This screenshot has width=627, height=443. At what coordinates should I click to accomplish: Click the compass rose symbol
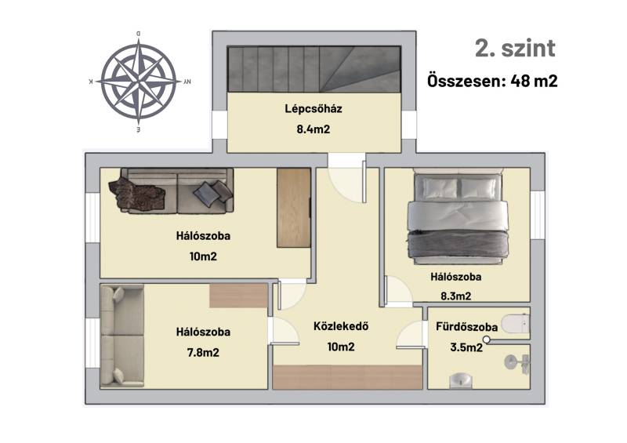coord(139,82)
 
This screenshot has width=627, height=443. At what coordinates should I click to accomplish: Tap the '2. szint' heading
coord(515,49)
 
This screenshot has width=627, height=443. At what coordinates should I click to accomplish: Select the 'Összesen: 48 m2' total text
coord(492,81)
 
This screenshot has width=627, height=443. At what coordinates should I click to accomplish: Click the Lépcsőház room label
coord(313,109)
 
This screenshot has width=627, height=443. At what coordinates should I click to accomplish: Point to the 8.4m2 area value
coord(313,129)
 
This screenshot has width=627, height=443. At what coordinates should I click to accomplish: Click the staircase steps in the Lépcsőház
coord(314,69)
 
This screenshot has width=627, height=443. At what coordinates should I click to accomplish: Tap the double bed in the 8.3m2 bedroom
coord(458,216)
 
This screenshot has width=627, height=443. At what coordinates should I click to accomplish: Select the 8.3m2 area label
coord(456,296)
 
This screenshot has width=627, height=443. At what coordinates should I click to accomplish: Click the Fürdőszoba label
coord(466,326)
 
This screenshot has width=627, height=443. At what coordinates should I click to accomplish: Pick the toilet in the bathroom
coord(516,324)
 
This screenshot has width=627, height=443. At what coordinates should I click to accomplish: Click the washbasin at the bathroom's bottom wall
coord(461,380)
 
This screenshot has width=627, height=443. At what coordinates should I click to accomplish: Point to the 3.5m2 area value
coord(466,347)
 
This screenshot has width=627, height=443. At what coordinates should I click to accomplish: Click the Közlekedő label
coord(341,326)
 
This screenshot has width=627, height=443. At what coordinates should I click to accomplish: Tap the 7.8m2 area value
coord(203,353)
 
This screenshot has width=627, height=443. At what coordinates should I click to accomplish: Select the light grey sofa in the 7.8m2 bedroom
coord(122,336)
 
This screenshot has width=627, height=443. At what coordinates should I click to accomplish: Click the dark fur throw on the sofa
coord(136,194)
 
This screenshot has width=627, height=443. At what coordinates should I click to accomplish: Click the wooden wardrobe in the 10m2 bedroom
coord(294,208)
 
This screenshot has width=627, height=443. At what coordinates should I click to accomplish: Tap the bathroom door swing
coord(410,336)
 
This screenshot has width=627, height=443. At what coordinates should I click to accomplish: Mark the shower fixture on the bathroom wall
coord(518,363)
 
